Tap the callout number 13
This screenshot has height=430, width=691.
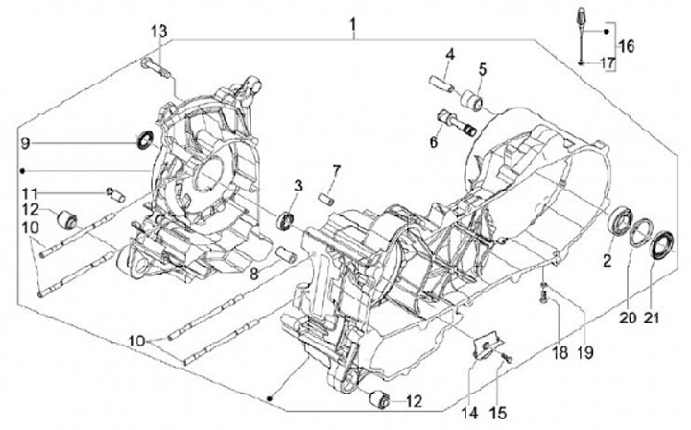(x=157, y=32)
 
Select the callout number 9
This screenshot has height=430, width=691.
(x=26, y=144)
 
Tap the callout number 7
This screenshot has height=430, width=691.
(x=336, y=172)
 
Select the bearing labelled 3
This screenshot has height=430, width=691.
(x=285, y=223)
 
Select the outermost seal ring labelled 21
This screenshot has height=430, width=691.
(x=657, y=247)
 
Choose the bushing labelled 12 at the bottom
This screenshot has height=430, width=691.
(x=377, y=398)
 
